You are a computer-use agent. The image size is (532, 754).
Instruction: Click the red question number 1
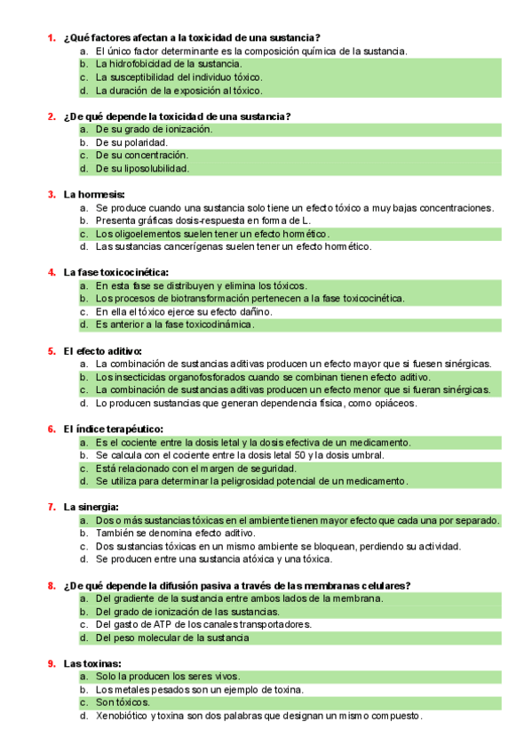(x=51, y=38)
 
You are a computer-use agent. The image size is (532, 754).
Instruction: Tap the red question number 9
(x=51, y=663)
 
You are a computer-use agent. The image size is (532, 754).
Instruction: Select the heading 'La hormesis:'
(x=94, y=194)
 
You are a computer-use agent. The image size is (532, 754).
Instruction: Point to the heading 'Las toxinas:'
(x=92, y=663)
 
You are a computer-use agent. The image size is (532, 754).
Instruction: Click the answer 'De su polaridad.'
(x=131, y=142)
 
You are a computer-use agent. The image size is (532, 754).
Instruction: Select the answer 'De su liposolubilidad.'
(x=142, y=168)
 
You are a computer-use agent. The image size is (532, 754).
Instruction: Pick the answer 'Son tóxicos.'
(x=123, y=702)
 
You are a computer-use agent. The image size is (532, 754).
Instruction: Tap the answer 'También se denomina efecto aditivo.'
(x=175, y=533)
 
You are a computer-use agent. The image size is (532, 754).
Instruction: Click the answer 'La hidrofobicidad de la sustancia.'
(x=168, y=64)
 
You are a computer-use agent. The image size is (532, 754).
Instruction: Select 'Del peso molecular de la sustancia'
(x=172, y=638)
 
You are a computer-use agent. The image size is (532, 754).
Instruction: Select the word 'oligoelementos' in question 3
(x=140, y=233)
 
